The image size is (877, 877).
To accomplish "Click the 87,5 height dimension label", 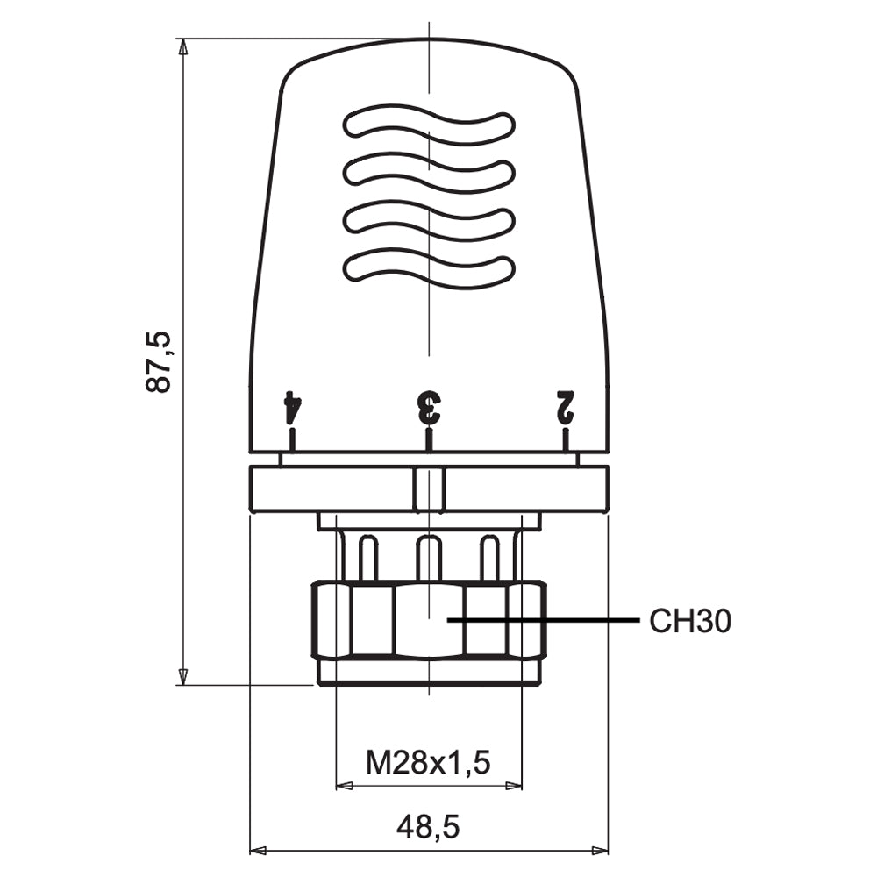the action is (x=157, y=362).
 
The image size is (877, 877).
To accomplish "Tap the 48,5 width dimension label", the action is (x=429, y=827).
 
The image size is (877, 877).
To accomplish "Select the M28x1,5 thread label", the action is (x=428, y=762).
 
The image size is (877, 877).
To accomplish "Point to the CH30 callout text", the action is (x=690, y=621).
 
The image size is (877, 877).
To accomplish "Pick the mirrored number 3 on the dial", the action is (x=429, y=407).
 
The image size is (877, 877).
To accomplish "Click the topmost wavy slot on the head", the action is (x=429, y=125).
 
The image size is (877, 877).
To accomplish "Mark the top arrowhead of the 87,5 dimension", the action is (x=183, y=46).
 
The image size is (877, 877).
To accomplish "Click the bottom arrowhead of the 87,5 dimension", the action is (x=183, y=676).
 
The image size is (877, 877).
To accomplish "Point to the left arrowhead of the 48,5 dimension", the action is (x=257, y=852).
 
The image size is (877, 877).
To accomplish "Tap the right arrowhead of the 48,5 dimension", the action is (x=600, y=852).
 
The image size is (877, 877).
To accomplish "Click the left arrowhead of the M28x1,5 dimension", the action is (x=344, y=786).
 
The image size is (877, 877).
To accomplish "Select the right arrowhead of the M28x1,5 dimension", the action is (x=513, y=786).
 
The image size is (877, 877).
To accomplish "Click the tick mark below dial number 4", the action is (x=291, y=439).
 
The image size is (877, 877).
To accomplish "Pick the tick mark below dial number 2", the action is (x=566, y=439).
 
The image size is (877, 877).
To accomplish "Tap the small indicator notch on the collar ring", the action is (x=429, y=489).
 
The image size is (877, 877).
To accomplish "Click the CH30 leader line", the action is (x=543, y=620).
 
